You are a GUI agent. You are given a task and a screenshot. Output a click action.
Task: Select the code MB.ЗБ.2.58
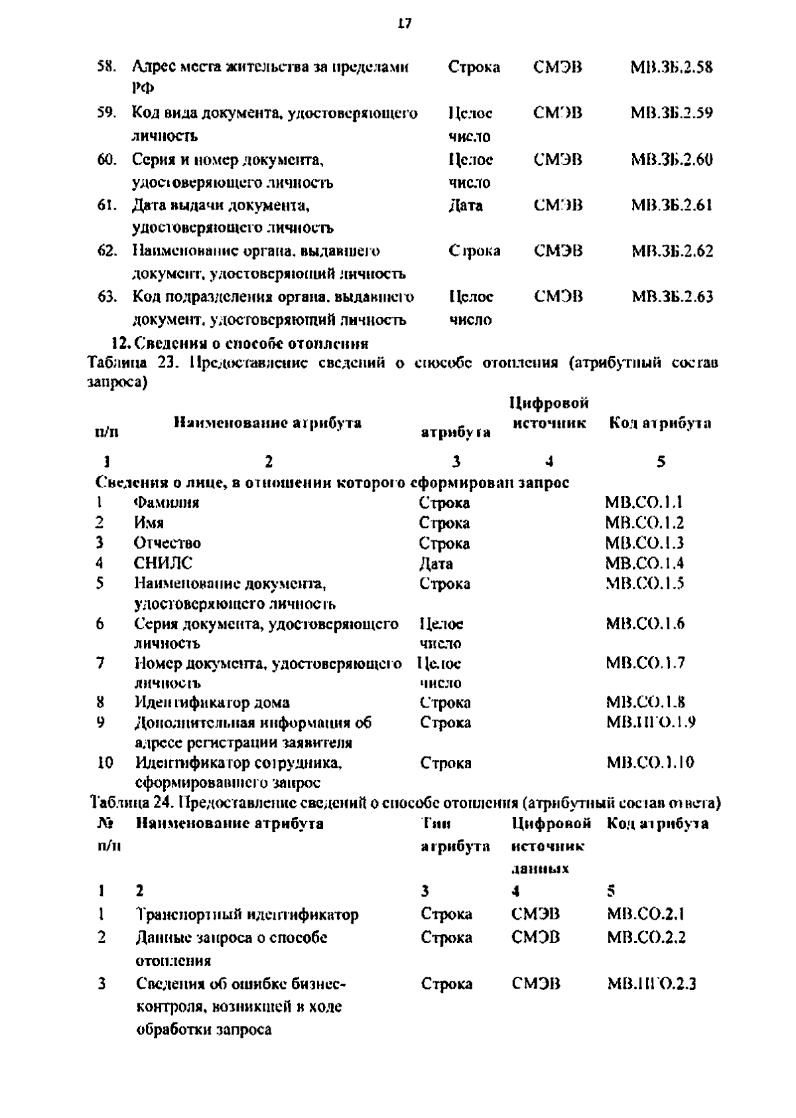(x=671, y=67)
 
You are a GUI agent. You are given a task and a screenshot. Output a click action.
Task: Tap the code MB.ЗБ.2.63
(x=672, y=296)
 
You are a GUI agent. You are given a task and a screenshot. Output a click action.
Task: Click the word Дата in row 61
(x=466, y=206)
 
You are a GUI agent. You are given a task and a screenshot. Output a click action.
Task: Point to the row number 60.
(x=107, y=160)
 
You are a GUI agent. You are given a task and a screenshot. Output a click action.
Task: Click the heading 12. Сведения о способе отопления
(x=239, y=343)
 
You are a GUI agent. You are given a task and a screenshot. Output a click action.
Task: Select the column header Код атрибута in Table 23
(x=660, y=423)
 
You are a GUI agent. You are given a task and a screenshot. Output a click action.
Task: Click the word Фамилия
(x=166, y=503)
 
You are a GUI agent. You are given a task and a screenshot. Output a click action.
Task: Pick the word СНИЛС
(x=163, y=563)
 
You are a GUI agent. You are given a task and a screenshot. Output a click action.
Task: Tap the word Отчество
(x=167, y=543)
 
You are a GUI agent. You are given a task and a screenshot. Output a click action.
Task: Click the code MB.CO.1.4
(x=644, y=564)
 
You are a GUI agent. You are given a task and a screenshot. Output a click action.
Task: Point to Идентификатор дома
(x=212, y=702)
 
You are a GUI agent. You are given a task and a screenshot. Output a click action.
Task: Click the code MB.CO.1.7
(x=645, y=663)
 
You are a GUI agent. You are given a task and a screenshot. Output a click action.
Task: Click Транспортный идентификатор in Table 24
(x=247, y=914)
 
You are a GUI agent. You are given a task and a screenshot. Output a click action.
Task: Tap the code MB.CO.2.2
(x=646, y=938)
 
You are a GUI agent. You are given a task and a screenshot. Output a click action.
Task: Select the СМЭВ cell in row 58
(x=557, y=67)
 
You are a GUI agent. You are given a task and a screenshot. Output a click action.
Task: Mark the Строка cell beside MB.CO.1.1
(x=444, y=503)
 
